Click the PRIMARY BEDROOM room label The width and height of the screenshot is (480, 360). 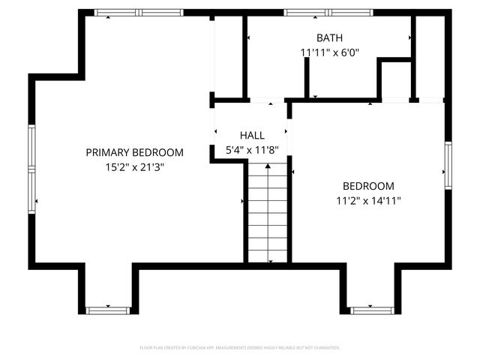tap(134, 152)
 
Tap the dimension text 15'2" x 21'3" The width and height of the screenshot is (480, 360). tap(134, 167)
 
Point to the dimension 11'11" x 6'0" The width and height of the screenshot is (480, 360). tap(330, 52)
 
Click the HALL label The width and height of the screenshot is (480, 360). tap(252, 135)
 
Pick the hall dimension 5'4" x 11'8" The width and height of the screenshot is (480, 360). tap(252, 150)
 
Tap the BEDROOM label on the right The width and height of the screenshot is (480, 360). tap(368, 186)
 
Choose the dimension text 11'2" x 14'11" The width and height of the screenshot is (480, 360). tap(368, 201)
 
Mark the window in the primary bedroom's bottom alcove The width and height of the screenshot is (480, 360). tap(108, 310)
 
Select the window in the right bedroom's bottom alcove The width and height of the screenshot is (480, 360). tap(372, 310)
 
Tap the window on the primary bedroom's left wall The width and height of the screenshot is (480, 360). tap(31, 169)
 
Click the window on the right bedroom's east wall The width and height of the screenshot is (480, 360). tap(448, 166)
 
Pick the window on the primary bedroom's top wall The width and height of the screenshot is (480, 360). tap(139, 13)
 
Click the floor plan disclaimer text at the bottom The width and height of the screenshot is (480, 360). tap(240, 348)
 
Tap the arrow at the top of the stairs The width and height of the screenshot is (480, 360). tap(268, 166)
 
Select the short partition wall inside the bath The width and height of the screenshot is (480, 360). tap(307, 76)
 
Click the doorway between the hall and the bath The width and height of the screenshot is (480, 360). tap(266, 100)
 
